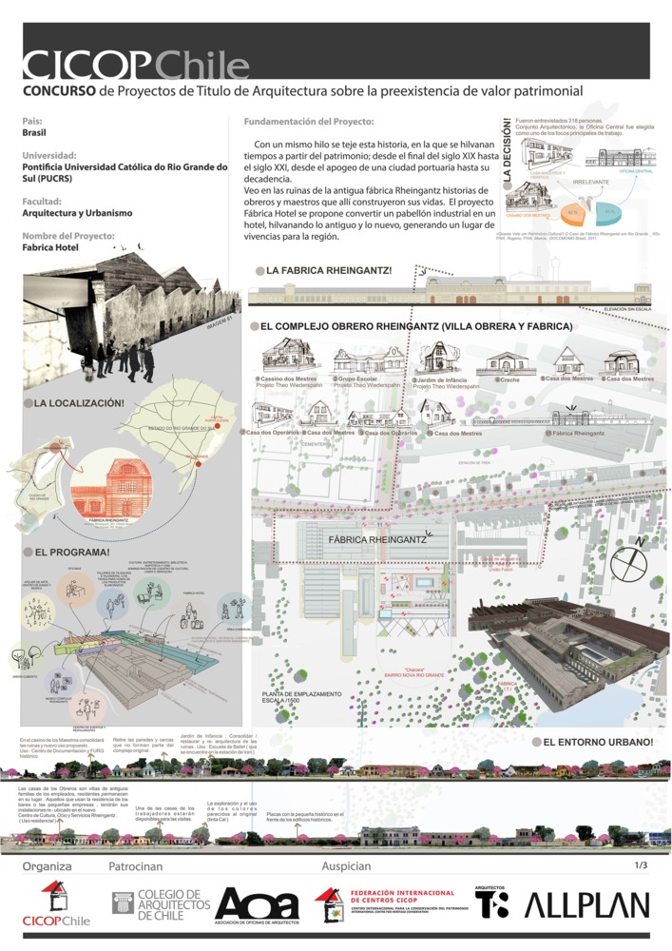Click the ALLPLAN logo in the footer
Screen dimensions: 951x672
tap(587, 905)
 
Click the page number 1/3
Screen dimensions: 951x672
tap(640, 865)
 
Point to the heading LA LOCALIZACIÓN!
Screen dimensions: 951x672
tap(79, 404)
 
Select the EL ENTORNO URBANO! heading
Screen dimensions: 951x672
tap(597, 741)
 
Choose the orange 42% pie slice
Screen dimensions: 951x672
tap(572, 211)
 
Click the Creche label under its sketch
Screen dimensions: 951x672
tap(509, 380)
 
